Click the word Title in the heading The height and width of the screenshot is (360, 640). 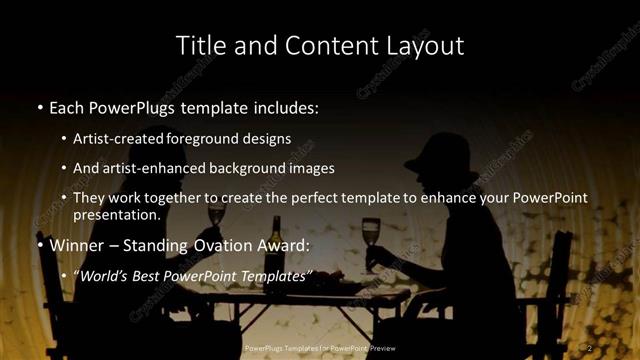(x=198, y=45)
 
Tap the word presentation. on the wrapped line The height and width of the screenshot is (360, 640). (x=116, y=215)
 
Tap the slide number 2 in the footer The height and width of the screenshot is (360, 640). (x=591, y=347)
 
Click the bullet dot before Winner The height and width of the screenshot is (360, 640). (x=39, y=245)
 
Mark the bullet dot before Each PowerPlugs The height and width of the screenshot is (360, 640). (x=39, y=105)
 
